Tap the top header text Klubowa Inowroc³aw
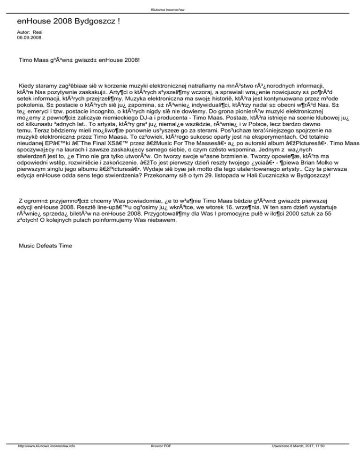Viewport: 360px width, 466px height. pos(180,9)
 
